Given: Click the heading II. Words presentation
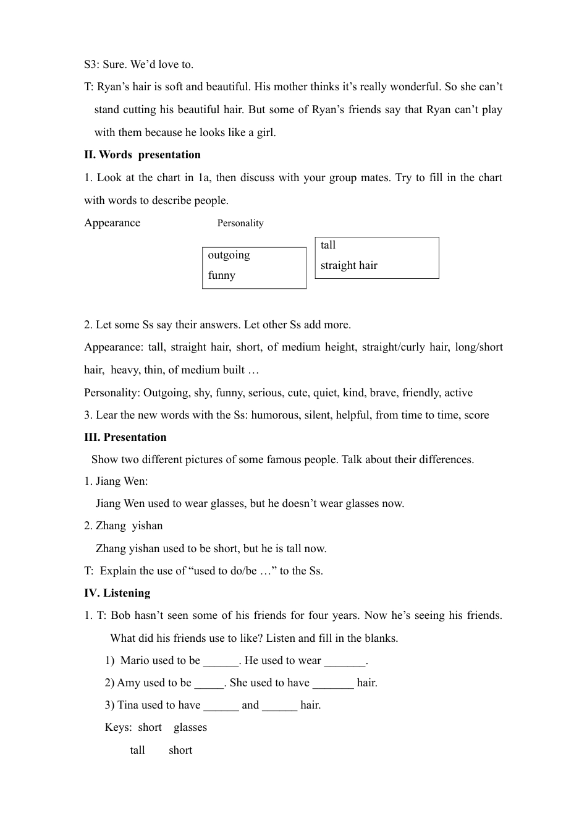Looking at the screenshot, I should [142, 155].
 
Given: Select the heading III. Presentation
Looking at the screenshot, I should [125, 437].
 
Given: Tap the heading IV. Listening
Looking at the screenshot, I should [117, 593].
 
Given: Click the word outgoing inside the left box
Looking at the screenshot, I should [229, 255].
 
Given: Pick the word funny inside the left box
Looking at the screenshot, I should [221, 275].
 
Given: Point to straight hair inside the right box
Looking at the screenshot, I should [348, 265].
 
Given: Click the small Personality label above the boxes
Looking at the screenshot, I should [240, 223].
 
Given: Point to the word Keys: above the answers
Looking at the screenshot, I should [118, 727].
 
